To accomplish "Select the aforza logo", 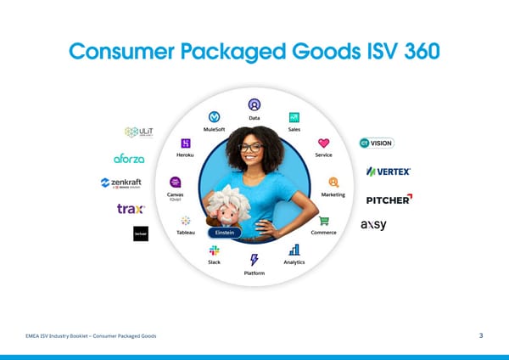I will coord(130,158).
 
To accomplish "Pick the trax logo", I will coord(131,209).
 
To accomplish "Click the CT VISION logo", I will coord(377,143).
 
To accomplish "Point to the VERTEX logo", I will coord(389,172).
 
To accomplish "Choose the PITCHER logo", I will coord(389,200).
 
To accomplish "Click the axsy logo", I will coord(373,225).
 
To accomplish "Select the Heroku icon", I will coord(185,143).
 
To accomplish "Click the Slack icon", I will coord(215,250).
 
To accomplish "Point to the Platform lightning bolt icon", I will coord(254,260).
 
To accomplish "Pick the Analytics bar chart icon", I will coord(294,250).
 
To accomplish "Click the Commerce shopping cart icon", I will coord(323,221).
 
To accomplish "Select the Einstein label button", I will coord(225,232).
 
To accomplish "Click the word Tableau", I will coord(185,232).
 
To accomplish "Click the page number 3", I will coord(481,337).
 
